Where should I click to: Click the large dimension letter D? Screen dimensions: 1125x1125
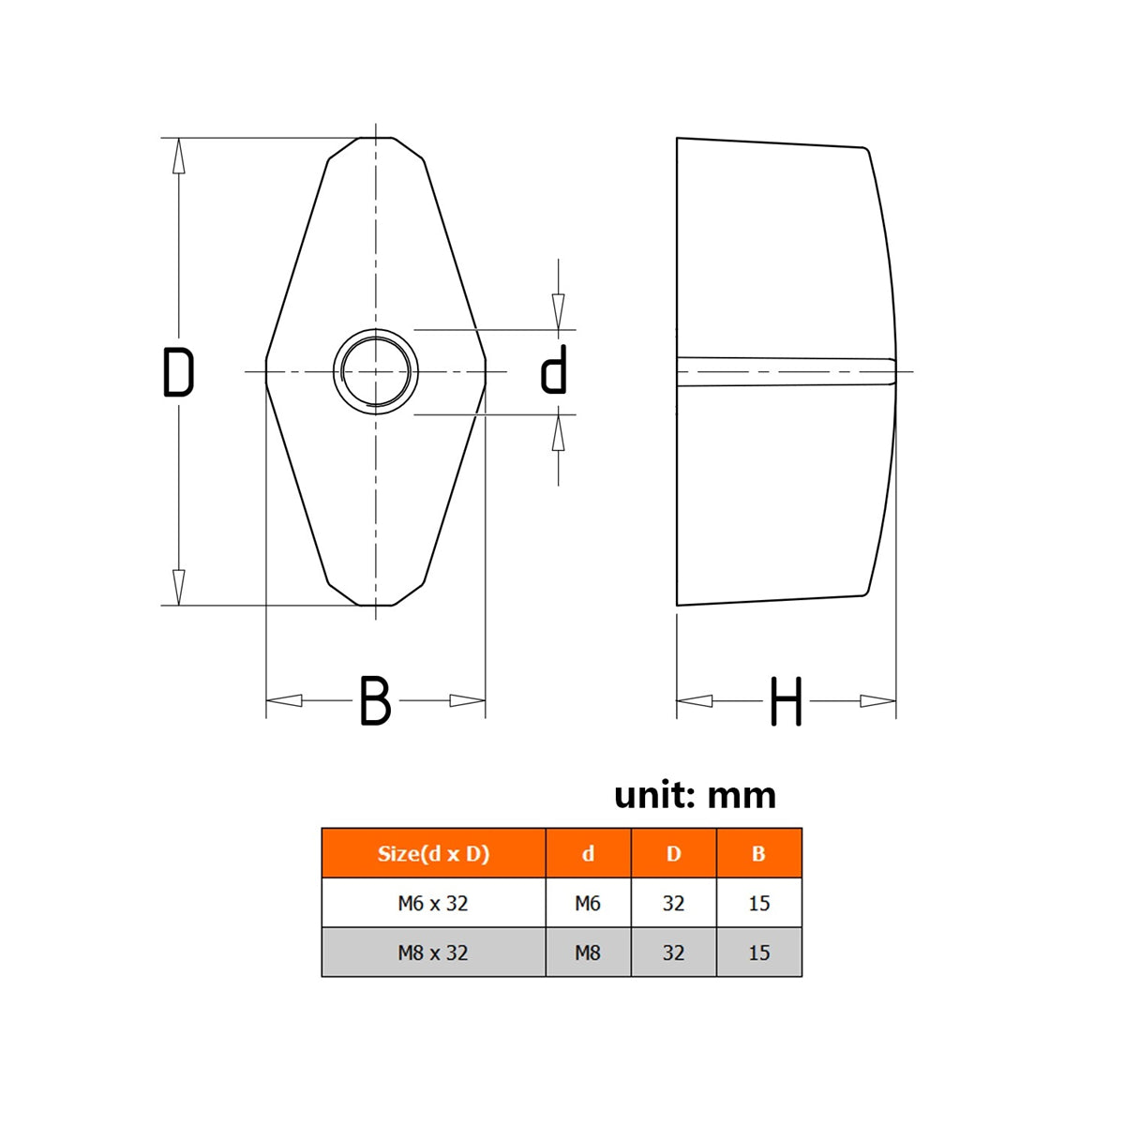[178, 372]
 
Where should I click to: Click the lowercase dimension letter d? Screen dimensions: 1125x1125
[553, 369]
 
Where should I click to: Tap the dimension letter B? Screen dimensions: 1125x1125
[375, 700]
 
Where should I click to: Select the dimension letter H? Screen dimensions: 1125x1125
[787, 700]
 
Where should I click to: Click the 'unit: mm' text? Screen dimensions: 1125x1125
[695, 795]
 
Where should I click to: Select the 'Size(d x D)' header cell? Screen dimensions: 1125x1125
[433, 853]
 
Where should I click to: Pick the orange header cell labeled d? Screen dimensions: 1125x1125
[588, 853]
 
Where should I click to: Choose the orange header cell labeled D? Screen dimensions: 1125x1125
[674, 853]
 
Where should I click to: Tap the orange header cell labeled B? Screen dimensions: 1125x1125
[759, 853]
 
